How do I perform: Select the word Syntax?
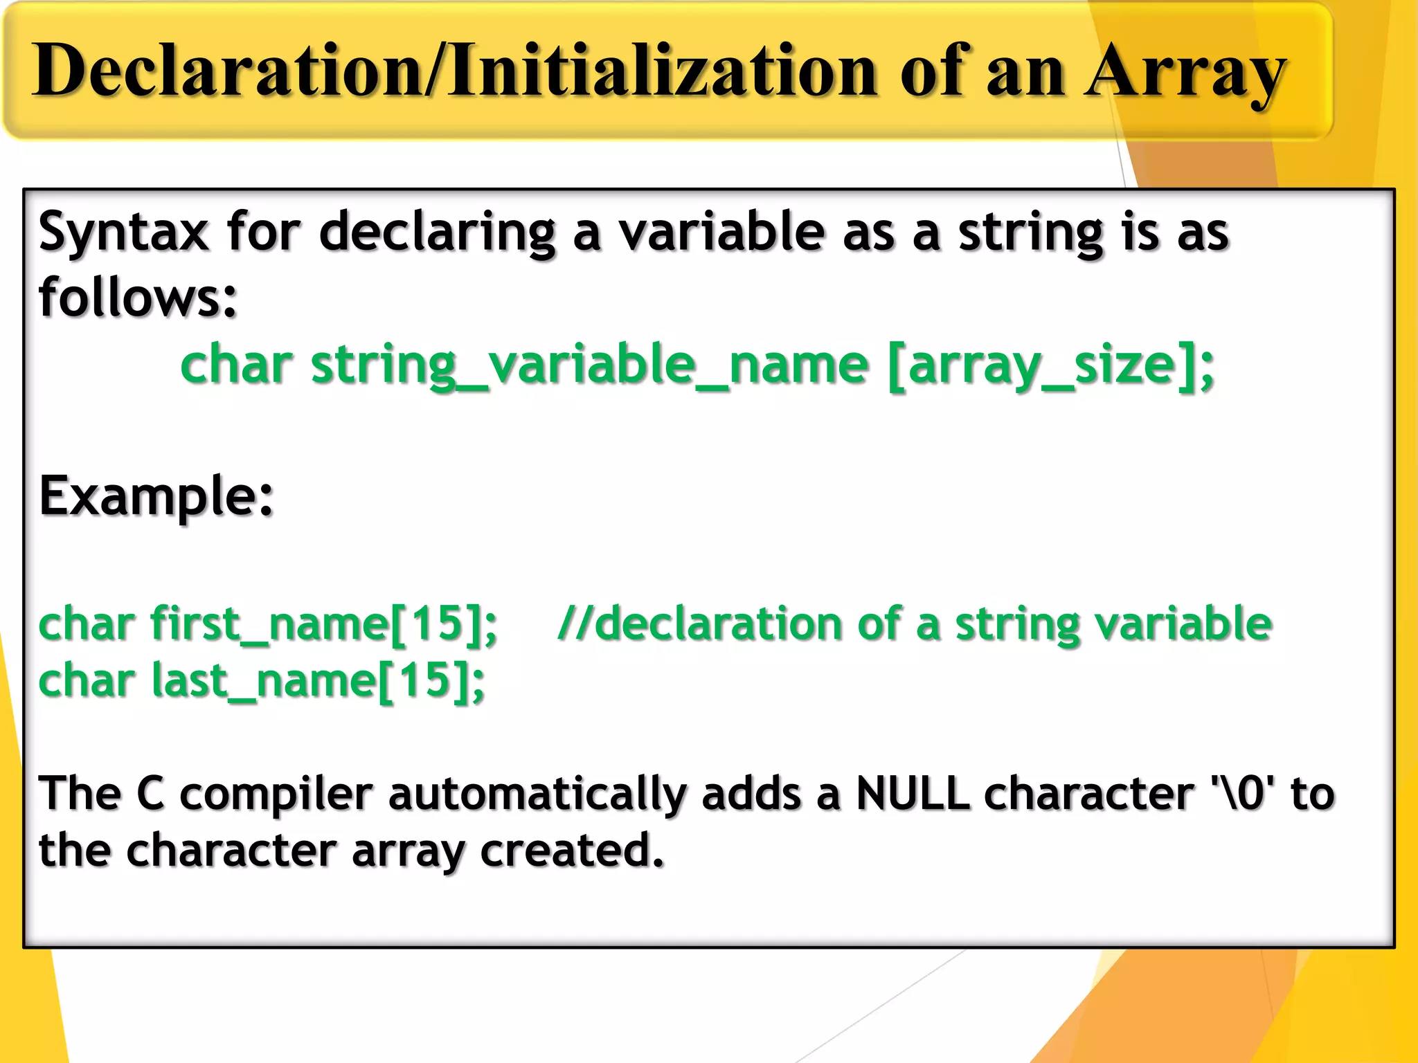point(123,233)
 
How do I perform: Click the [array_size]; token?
point(1050,365)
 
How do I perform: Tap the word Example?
point(156,496)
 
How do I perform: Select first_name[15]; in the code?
point(323,624)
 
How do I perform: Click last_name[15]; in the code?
point(318,681)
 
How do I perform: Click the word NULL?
point(912,793)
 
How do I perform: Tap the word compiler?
point(276,794)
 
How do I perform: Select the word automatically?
point(537,794)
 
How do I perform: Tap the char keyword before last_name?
point(87,681)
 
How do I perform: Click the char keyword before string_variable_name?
point(236,365)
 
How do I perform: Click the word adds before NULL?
point(751,793)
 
